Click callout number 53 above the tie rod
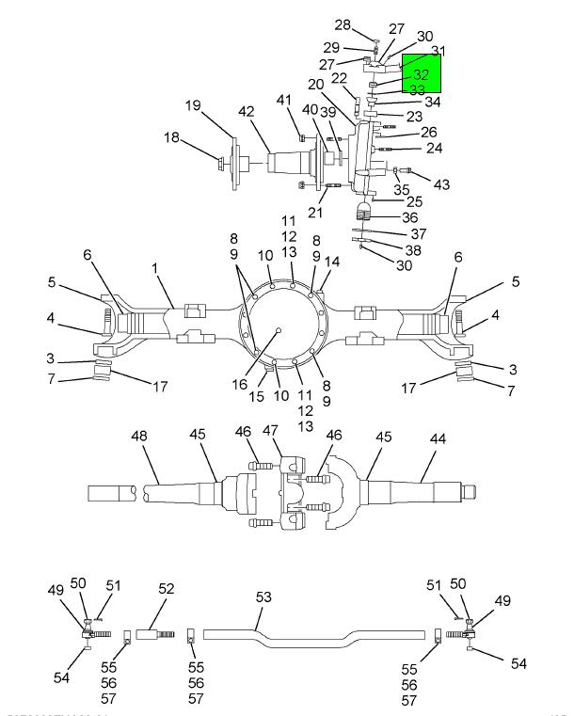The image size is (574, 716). point(263,597)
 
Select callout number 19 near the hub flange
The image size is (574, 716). point(192,105)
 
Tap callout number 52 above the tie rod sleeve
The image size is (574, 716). point(167,588)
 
